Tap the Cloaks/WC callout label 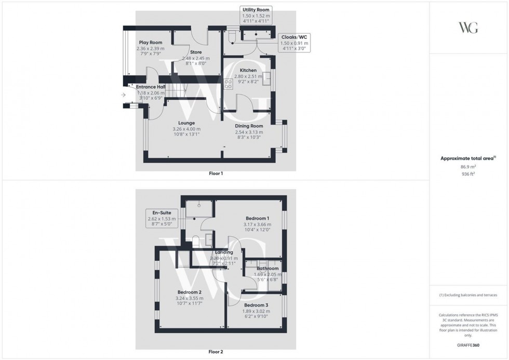coord(294,37)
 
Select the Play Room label coord(150,43)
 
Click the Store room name coord(196,52)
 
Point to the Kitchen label coord(248,70)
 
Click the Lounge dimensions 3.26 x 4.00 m coord(186,129)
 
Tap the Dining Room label coord(249,126)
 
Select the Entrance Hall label coord(151,87)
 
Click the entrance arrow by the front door coord(123,95)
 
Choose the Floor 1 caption coord(216,174)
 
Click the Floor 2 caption coord(216,352)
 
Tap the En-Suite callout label coord(162,212)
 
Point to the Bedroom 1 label coord(258,218)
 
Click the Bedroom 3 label coord(257,305)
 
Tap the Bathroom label coord(267,269)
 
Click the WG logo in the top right coord(468,28)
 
